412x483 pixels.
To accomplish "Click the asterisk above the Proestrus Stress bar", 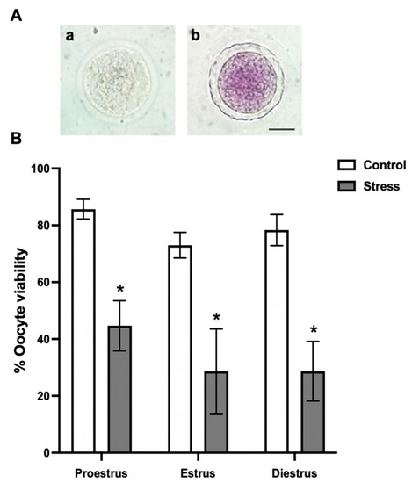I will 120,287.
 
